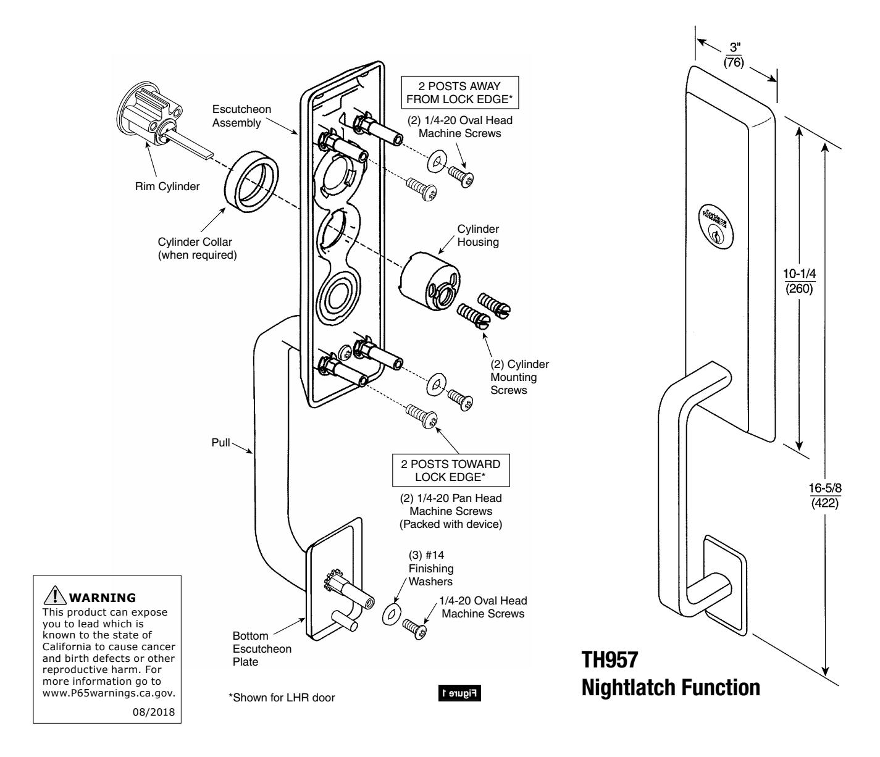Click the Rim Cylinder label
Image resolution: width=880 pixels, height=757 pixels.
click(168, 187)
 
